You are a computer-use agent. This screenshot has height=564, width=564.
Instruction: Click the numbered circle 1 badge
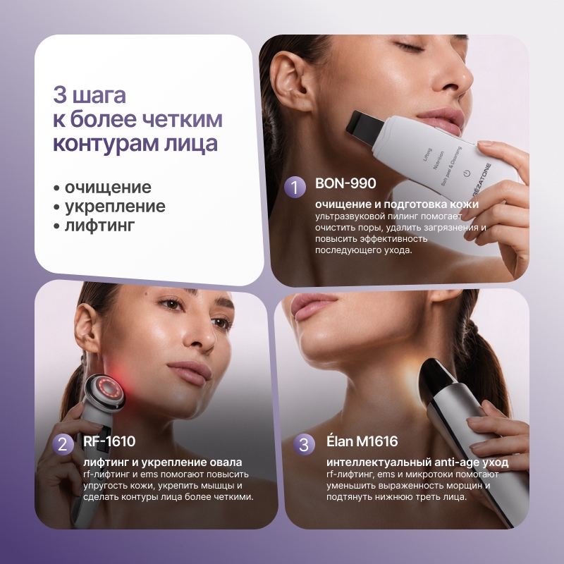pos(295,187)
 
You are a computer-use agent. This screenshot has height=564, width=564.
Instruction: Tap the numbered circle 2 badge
pos(63,445)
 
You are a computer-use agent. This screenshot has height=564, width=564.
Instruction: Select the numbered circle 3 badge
pos(304,445)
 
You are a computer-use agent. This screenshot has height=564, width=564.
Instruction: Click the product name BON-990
pos(345,183)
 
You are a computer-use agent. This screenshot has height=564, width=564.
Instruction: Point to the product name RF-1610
pos(109,441)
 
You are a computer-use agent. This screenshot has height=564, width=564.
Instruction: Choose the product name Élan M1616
pos(362,441)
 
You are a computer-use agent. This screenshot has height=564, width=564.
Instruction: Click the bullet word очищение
pos(108,188)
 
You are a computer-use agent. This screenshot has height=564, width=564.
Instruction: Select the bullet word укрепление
pos(115,207)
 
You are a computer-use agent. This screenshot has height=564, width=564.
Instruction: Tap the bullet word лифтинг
pos(99,226)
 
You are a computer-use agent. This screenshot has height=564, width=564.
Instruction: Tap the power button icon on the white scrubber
pos(467,173)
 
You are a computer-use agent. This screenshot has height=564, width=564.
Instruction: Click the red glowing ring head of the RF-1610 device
pos(107,388)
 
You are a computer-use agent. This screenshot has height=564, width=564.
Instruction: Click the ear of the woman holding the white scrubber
pos(290,81)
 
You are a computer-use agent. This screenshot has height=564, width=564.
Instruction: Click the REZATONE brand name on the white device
pos(482,180)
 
